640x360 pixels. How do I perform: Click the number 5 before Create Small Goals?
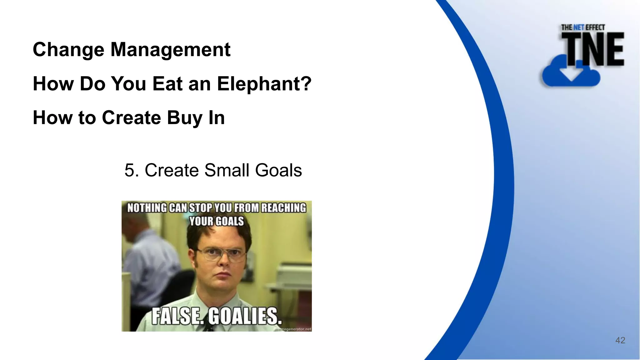(129, 170)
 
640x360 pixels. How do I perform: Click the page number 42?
(620, 340)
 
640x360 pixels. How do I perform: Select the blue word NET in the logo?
(579, 27)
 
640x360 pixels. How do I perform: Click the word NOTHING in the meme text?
(147, 208)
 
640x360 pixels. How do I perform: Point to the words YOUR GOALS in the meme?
(216, 221)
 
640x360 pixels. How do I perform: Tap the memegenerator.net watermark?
(294, 329)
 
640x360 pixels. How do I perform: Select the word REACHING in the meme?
(283, 208)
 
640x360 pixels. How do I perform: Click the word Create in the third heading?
(131, 118)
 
